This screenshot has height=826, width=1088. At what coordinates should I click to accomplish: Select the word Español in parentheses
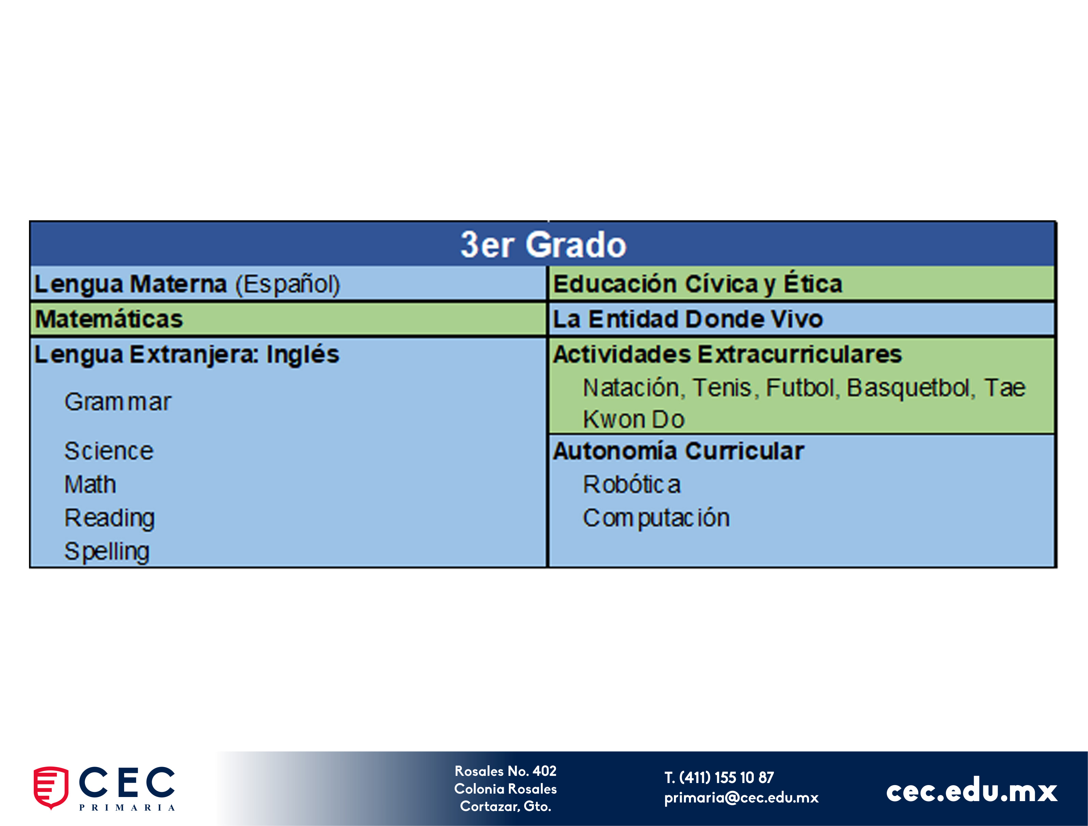point(288,284)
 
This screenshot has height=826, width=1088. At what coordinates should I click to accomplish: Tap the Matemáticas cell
point(288,319)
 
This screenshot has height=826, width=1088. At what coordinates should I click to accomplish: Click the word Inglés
point(303,354)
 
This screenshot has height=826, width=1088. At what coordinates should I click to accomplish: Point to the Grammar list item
point(118,402)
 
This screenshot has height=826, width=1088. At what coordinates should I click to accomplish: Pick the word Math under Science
point(90,485)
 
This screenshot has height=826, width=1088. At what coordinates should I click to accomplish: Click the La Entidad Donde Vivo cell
point(802,319)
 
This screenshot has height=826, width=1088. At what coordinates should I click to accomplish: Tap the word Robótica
point(632,485)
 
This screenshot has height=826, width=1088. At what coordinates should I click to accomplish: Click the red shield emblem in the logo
point(51,787)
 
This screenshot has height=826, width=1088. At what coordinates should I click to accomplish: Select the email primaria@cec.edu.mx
point(741,797)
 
